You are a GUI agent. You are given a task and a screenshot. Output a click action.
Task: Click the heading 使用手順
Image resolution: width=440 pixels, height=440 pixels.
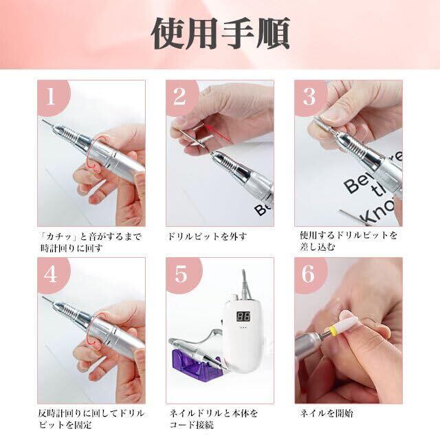(x=220, y=34)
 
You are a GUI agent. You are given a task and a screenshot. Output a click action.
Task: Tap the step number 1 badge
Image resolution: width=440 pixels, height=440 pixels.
(x=52, y=97)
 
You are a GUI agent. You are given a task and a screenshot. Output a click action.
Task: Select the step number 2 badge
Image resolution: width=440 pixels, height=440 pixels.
(x=181, y=97)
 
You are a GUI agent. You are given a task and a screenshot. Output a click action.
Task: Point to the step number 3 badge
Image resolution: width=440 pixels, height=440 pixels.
(x=309, y=97)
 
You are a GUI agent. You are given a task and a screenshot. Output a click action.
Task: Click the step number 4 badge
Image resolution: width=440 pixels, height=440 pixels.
(x=52, y=274)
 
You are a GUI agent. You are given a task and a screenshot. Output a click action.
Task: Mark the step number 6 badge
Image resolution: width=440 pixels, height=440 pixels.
(x=309, y=274)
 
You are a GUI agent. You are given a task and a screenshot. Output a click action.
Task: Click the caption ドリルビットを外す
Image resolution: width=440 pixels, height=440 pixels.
(x=207, y=236)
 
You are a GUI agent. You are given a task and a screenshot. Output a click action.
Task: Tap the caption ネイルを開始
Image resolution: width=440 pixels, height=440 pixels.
(x=327, y=413)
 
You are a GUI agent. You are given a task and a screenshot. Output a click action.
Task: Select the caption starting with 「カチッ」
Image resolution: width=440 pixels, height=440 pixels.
(x=90, y=243)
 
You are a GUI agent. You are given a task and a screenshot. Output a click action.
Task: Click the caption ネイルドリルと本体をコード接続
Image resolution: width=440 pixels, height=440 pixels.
(x=213, y=419)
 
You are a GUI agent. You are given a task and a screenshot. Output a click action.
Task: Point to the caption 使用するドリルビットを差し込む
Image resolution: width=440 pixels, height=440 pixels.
(x=349, y=241)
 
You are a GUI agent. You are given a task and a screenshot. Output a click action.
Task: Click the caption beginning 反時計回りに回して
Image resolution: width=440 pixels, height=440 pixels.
(x=91, y=419)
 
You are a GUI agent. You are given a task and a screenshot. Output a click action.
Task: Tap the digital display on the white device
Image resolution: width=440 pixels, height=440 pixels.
(x=243, y=316)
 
